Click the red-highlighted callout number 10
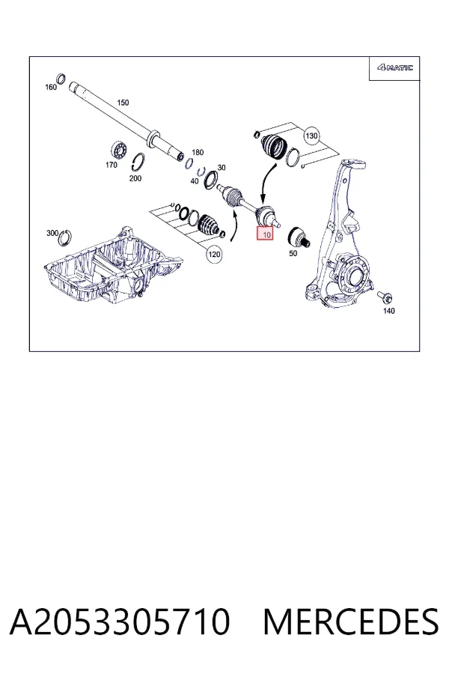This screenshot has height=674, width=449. click(265, 234)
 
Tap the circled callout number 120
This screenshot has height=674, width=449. click(214, 255)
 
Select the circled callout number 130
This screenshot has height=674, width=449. click(311, 136)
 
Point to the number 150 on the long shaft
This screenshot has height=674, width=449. click(123, 103)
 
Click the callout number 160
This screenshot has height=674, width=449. click(51, 88)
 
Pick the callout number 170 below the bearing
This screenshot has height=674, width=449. click(112, 165)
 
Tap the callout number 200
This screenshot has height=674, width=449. click(135, 178)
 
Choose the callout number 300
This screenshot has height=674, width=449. click(52, 233)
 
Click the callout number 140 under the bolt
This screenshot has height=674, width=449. click(389, 310)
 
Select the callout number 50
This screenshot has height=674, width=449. click(293, 253)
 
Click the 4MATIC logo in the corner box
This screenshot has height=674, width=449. click(395, 67)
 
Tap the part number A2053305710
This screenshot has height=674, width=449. click(120, 622)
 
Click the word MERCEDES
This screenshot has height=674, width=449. click(351, 622)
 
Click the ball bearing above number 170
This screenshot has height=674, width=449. click(120, 150)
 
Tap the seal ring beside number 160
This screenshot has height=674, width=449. click(61, 79)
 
